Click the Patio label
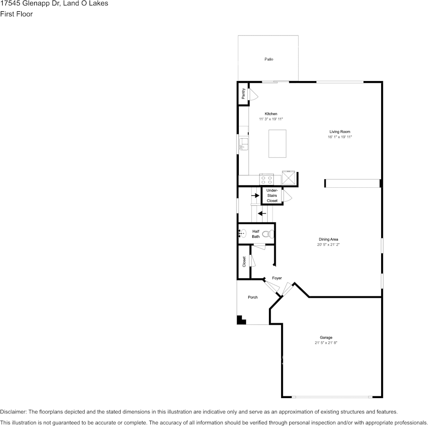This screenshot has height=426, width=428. (x=269, y=59)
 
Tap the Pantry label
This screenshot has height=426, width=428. (x=243, y=94)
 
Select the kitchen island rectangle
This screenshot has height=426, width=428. (x=277, y=144)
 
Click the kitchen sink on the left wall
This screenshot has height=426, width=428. (x=243, y=144)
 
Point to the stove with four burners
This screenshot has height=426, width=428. (x=266, y=180)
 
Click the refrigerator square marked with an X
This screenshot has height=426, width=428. (x=288, y=177)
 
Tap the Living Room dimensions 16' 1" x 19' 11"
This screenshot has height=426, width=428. (x=339, y=137)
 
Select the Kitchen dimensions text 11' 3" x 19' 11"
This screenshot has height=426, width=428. (x=271, y=119)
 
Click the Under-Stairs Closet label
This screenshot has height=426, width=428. (x=272, y=195)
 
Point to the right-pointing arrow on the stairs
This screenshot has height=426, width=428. (x=255, y=195)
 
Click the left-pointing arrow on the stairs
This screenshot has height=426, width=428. (x=262, y=213)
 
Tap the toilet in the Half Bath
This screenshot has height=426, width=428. (x=269, y=234)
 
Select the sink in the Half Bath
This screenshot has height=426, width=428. (x=242, y=233)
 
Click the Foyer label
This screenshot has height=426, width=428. (x=277, y=278)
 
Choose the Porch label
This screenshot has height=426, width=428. (x=253, y=297)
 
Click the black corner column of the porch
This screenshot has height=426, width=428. (x=241, y=320)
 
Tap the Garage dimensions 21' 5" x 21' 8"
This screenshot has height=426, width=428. (x=326, y=343)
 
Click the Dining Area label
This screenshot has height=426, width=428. (x=328, y=240)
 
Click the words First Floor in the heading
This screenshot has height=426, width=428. (x=16, y=14)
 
